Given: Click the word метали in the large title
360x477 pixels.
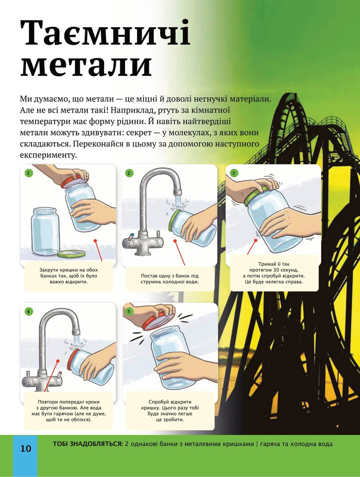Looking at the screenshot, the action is pos(86,65).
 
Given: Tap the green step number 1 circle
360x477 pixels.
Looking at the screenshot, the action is pos(28,173).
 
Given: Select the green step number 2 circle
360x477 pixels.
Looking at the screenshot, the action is pos(129,173).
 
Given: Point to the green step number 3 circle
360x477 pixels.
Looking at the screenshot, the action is pos(233,173).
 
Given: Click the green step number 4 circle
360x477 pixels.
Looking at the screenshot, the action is pos(28,311).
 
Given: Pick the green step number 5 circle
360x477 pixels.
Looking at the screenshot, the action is pos(129,311).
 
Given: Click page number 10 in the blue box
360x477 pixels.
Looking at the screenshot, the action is pos(26,448).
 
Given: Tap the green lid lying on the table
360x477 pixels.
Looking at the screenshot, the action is pos(72,254).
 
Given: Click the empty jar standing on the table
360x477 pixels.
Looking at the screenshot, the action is pos(45,231).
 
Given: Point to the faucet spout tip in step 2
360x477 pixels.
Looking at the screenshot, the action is pos(178,192).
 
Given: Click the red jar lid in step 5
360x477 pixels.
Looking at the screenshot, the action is pos(158,322).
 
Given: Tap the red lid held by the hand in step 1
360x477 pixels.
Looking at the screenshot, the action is pos(74,181).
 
